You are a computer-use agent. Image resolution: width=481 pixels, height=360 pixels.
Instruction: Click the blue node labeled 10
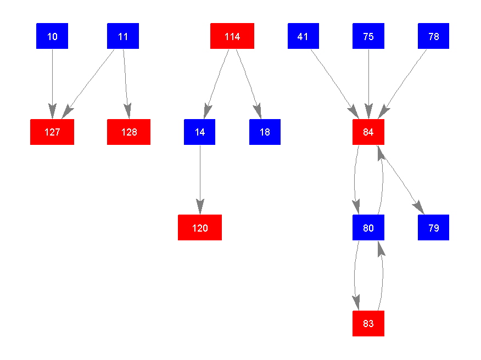(x=52, y=36)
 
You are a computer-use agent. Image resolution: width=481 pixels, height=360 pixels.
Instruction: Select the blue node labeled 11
(x=123, y=36)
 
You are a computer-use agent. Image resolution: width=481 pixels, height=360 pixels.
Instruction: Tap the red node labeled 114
(x=232, y=36)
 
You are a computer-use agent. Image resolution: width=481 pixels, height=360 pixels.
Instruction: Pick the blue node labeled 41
(x=303, y=36)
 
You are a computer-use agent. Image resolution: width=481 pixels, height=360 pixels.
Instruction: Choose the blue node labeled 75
(x=368, y=36)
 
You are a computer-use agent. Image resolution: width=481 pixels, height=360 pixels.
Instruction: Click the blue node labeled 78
(x=434, y=36)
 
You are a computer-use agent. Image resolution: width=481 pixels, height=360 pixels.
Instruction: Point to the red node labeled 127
(x=52, y=132)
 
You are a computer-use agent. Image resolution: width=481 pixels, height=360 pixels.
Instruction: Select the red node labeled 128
(x=128, y=132)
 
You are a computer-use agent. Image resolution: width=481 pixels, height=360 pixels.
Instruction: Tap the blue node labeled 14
(x=200, y=132)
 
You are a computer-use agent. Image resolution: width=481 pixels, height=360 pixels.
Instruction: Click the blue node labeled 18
(x=265, y=132)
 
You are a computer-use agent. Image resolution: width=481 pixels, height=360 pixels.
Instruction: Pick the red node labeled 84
(x=368, y=132)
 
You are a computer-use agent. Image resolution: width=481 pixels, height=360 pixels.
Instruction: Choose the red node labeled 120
(x=200, y=228)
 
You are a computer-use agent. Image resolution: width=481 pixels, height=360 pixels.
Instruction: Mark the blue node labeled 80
(x=368, y=228)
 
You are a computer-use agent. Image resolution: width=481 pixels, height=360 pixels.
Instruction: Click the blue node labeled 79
(x=434, y=228)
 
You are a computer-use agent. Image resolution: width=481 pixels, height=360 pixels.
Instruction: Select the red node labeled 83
(x=368, y=324)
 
